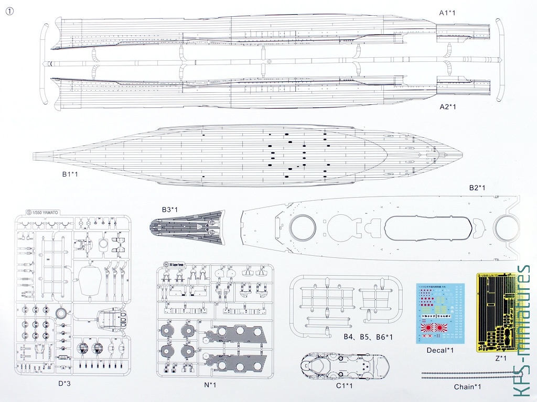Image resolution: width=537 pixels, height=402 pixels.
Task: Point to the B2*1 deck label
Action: point(477,187)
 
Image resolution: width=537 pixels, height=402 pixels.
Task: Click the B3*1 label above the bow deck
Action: point(169,210)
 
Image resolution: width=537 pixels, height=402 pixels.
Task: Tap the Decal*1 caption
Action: point(440,350)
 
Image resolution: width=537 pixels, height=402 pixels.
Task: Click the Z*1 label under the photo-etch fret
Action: point(500,358)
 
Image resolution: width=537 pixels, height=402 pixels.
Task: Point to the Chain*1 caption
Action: point(467,387)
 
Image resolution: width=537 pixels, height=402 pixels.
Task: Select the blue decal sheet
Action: point(440,313)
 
